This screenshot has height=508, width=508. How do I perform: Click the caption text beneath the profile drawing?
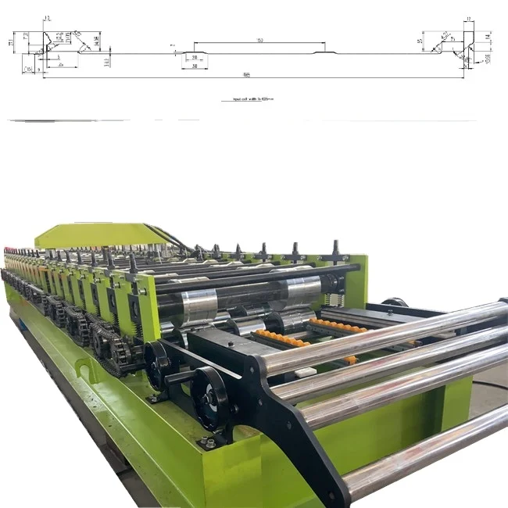point(248,100)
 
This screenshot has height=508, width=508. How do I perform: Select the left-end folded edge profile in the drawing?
point(55,44)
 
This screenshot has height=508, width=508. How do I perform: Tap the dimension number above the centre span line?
point(259,40)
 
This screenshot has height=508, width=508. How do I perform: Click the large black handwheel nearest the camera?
point(210,397)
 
